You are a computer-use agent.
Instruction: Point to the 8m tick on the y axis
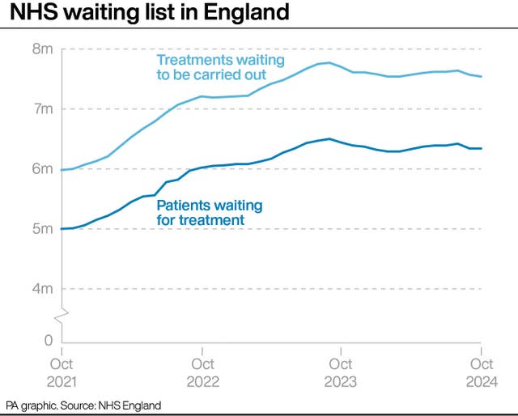(x=43, y=49)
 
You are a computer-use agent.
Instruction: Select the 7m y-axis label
(x=43, y=109)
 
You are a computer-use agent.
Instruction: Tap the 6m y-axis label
(x=43, y=169)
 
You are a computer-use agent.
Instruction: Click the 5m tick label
(x=43, y=229)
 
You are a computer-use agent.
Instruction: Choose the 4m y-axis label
(x=43, y=289)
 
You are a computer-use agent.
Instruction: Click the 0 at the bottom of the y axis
(x=49, y=341)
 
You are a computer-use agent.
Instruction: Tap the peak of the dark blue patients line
(x=329, y=138)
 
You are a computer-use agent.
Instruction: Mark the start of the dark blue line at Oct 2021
(x=62, y=229)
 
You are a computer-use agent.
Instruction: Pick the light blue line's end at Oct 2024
(x=481, y=77)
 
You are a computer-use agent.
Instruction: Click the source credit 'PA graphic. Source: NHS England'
(x=83, y=405)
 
